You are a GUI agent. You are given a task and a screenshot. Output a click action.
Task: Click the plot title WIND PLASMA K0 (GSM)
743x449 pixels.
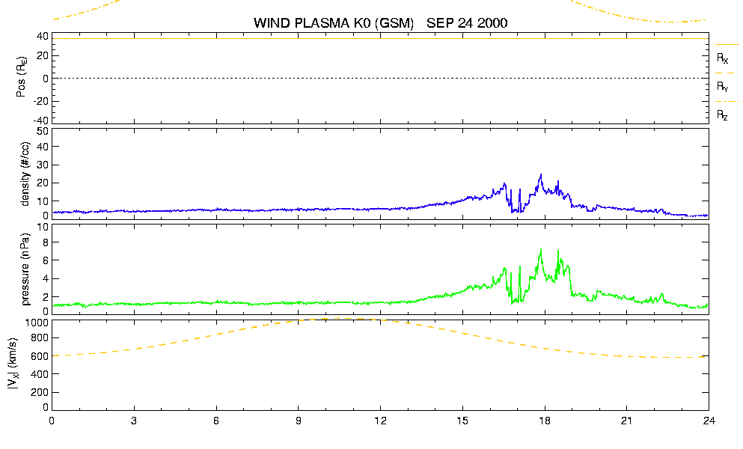[334, 23]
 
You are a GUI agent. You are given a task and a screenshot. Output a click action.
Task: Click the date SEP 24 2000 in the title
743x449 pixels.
[467, 22]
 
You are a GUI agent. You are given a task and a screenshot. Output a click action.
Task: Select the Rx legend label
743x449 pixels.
[722, 58]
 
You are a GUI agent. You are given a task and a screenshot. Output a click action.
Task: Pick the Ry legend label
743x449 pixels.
[722, 87]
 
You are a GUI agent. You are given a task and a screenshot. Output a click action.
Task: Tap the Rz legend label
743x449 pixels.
[722, 115]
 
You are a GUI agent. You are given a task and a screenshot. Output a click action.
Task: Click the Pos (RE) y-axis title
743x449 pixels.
[21, 77]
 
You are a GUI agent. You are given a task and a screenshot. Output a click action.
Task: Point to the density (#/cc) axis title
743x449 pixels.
[25, 174]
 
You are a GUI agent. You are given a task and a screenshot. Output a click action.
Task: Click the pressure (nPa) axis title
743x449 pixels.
[25, 269]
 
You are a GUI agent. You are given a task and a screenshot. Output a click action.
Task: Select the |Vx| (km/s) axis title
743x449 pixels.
[13, 364]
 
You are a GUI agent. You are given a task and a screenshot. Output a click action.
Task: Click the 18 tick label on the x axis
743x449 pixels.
[545, 421]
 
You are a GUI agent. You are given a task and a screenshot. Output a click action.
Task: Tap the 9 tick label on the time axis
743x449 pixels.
[299, 421]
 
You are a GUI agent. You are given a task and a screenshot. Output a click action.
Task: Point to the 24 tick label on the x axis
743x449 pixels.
[709, 421]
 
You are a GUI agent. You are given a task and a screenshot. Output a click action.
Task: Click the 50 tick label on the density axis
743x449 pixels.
[43, 132]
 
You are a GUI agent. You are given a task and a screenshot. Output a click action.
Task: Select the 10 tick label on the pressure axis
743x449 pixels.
[43, 227]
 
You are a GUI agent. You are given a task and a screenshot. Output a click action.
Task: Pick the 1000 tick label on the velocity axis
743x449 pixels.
[36, 323]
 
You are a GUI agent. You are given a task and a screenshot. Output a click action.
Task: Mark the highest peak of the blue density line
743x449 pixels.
[541, 174]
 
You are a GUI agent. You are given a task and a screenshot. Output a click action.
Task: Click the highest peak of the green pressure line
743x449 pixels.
[541, 249]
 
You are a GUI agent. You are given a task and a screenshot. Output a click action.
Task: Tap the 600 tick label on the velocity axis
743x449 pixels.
[40, 356]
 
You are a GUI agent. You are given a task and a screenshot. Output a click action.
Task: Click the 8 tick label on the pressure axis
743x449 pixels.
[46, 242]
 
